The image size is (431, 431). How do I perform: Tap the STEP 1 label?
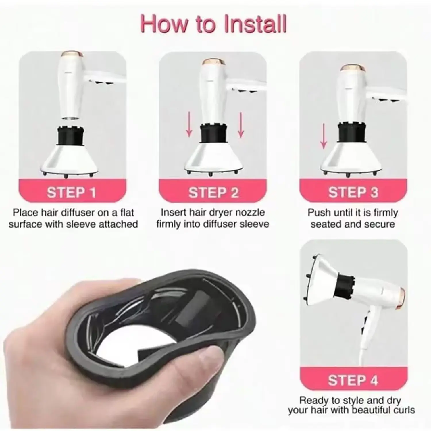72,192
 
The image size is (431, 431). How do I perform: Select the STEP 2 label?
213,192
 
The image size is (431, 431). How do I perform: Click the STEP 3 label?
353,192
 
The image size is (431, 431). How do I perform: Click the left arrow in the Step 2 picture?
189,125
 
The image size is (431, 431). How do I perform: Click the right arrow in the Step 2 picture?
241,125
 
